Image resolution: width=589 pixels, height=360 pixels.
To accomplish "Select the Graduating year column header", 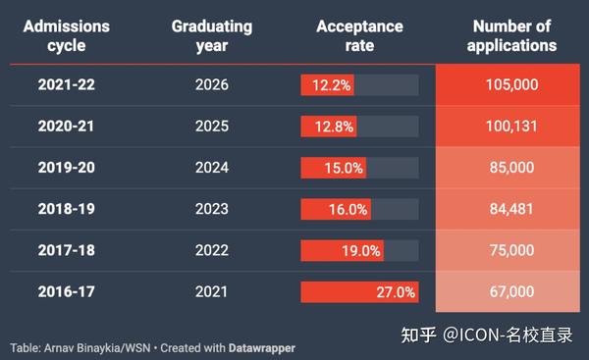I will (211, 35).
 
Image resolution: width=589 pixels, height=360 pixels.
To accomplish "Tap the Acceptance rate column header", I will (359, 35).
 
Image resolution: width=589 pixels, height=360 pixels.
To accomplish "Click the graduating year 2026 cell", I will (211, 85).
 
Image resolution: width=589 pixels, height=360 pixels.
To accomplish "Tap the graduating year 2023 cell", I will (211, 209).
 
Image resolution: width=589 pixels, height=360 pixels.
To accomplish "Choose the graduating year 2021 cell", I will (211, 291).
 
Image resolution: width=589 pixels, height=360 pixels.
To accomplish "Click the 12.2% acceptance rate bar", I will (328, 85).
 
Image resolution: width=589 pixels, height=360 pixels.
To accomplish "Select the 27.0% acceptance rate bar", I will (359, 291).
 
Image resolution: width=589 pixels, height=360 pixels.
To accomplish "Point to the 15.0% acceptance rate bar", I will (333, 168).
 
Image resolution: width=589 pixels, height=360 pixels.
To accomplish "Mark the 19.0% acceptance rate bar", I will (342, 250).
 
